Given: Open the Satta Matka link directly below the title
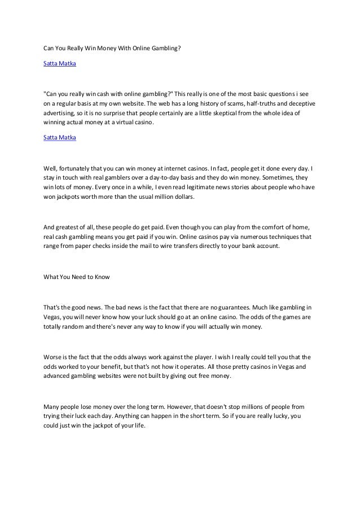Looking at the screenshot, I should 60,64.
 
